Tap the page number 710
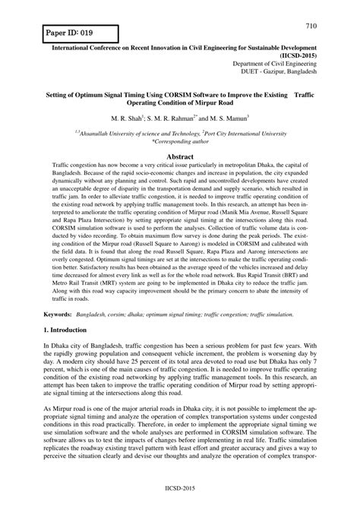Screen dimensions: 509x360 pyautogui.click(x=332, y=27)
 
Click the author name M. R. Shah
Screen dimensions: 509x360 pyautogui.click(x=128, y=119)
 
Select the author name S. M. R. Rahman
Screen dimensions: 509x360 pyautogui.click(x=176, y=119)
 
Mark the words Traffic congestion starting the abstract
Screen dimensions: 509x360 pyautogui.click(x=78, y=164)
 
